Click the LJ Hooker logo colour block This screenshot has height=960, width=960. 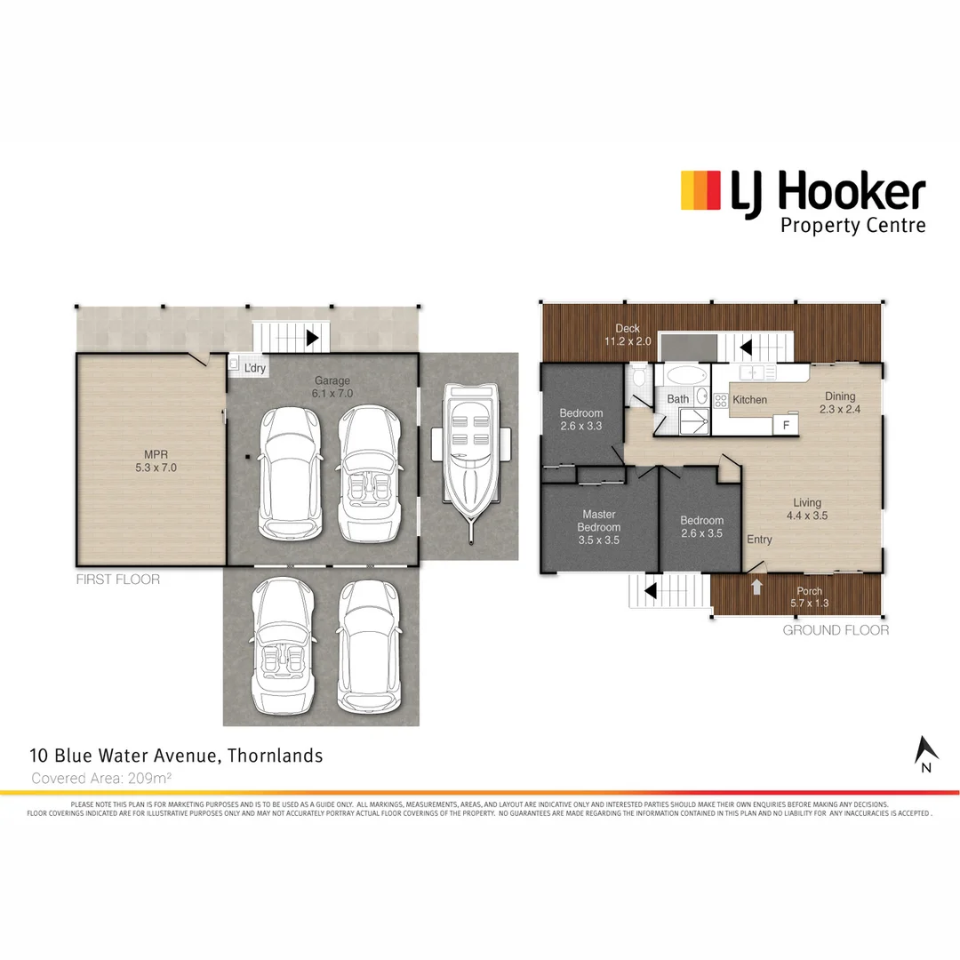click(x=700, y=190)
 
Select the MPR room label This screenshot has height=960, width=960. click(x=149, y=460)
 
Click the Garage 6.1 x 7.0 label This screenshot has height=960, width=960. click(x=332, y=387)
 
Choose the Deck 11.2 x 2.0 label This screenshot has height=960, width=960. click(x=628, y=335)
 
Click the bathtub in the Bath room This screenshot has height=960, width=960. click(x=684, y=373)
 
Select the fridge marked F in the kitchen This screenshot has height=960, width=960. click(x=785, y=426)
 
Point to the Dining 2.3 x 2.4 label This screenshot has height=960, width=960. click(x=839, y=403)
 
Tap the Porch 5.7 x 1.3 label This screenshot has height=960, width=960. click(x=809, y=597)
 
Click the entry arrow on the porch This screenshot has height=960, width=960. click(x=756, y=587)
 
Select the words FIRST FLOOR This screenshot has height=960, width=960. click(x=118, y=580)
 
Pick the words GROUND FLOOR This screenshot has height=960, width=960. click(x=836, y=630)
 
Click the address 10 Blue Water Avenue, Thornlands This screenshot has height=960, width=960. click(x=176, y=756)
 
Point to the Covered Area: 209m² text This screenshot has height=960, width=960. click(x=101, y=778)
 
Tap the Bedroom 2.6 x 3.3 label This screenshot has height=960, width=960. click(x=580, y=420)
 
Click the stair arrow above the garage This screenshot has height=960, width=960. click(x=312, y=338)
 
